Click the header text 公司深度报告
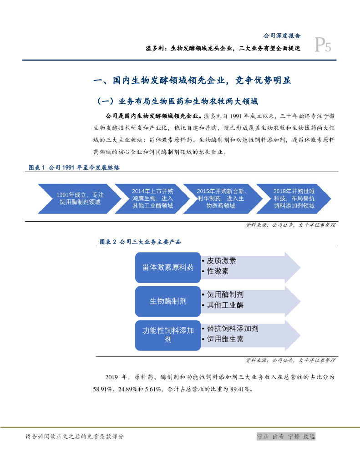pos(282,35)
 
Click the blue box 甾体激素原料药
pos(168,267)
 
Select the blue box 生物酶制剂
pos(168,301)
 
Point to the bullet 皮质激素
pos(221,261)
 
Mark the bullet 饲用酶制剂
pos(224,294)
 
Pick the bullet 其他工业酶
pos(224,305)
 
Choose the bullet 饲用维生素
pos(224,339)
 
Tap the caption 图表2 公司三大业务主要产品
pos(140,242)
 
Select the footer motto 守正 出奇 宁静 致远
pos(286,436)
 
